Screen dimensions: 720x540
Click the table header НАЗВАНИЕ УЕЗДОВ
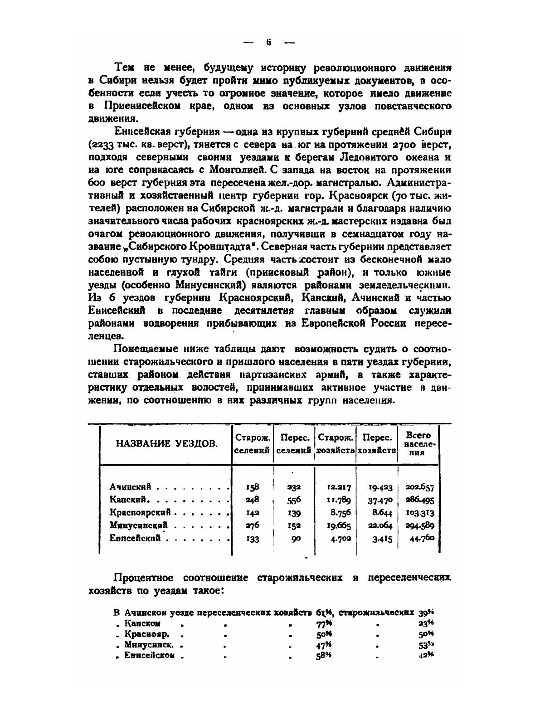pyautogui.click(x=166, y=443)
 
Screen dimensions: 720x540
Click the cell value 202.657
pyautogui.click(x=419, y=487)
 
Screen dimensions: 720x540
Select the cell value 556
pyautogui.click(x=294, y=500)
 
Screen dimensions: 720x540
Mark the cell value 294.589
pyautogui.click(x=419, y=526)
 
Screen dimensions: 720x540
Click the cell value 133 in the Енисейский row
pyautogui.click(x=253, y=539)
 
